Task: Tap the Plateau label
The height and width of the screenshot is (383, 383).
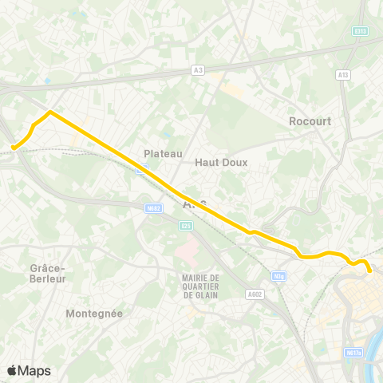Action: [x=164, y=153]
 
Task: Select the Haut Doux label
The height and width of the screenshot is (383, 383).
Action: [x=222, y=162]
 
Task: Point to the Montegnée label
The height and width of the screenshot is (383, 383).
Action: [x=94, y=314]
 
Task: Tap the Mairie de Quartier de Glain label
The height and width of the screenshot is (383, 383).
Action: [x=200, y=286]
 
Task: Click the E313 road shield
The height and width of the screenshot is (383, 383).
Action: [x=361, y=32]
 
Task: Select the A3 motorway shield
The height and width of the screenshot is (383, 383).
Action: [x=198, y=70]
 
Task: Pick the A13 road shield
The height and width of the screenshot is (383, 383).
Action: [x=343, y=75]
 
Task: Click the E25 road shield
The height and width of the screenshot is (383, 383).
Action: [x=187, y=226]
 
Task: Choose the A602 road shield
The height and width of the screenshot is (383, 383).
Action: [x=255, y=294]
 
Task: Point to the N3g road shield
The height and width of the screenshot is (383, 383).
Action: [x=278, y=276]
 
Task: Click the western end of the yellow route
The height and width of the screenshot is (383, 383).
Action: [x=13, y=148]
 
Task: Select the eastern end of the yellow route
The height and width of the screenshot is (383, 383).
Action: [x=370, y=271]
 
